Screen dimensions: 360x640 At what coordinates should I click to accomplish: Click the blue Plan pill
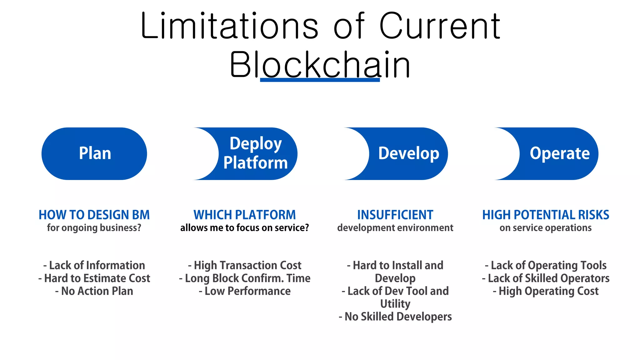(94, 153)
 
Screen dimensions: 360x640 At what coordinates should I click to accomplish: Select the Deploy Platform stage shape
(255, 153)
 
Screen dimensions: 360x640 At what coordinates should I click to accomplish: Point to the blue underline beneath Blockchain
(320, 80)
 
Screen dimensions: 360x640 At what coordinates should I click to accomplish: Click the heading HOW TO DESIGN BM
(94, 215)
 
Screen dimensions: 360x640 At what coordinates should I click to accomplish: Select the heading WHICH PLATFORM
(244, 215)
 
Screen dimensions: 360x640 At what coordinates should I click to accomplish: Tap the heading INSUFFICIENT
(395, 215)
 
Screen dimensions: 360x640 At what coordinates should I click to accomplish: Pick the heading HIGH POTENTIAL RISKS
(546, 215)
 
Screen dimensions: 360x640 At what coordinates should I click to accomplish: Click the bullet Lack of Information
(94, 265)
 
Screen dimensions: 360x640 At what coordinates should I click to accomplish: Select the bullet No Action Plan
(94, 291)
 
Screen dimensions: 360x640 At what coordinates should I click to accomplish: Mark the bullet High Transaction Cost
(244, 265)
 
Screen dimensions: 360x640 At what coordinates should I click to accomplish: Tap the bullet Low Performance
(244, 291)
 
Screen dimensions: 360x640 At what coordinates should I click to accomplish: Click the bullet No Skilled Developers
(395, 317)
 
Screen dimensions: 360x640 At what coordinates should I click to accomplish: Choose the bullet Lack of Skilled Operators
(546, 278)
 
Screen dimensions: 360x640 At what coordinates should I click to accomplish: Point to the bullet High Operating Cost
(546, 291)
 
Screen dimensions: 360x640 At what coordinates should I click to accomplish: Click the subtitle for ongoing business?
(94, 228)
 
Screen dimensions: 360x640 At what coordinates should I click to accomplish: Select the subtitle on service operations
(546, 228)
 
